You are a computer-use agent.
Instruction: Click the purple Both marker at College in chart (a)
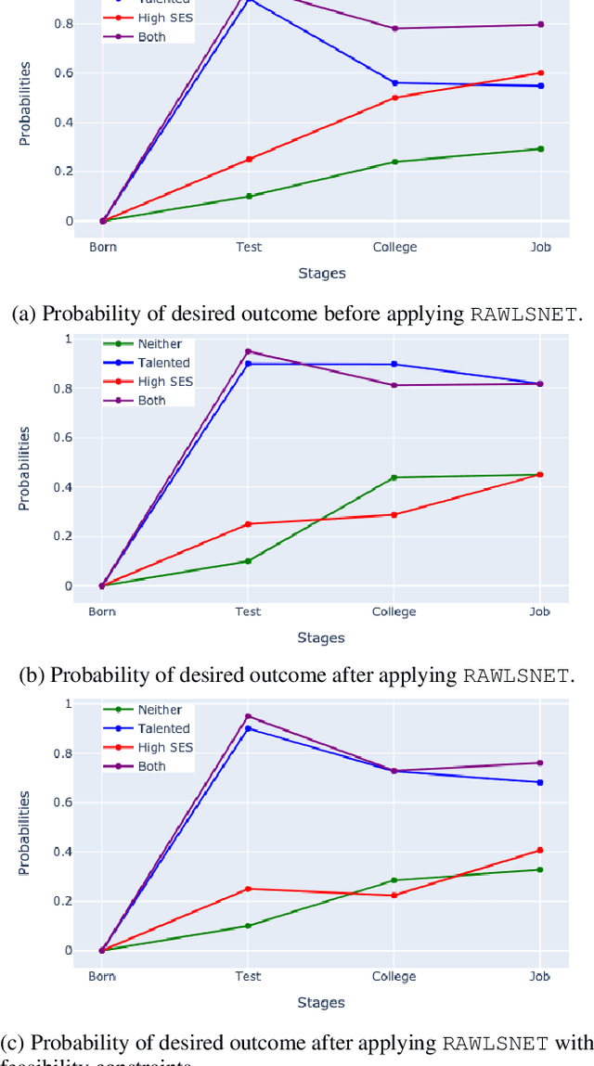click(394, 29)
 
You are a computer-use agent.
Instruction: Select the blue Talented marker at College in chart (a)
click(394, 83)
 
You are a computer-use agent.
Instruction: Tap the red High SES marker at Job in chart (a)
click(541, 72)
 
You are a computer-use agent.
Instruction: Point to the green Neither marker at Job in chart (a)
click(541, 148)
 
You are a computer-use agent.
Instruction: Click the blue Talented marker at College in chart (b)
click(394, 365)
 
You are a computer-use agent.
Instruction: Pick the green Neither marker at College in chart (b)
click(394, 477)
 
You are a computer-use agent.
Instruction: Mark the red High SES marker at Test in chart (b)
click(248, 524)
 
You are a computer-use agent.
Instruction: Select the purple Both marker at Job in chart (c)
click(541, 763)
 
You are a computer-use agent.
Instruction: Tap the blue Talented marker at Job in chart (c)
click(541, 782)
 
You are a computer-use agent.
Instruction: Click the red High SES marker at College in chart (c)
click(394, 895)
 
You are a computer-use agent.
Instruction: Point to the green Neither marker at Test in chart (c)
click(248, 926)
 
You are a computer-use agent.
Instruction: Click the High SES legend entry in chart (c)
click(164, 748)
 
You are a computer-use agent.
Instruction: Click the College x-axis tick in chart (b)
click(394, 612)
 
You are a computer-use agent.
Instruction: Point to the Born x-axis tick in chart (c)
click(102, 977)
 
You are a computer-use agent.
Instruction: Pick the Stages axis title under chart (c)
click(321, 1002)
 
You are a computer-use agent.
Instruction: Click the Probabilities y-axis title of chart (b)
click(25, 469)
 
